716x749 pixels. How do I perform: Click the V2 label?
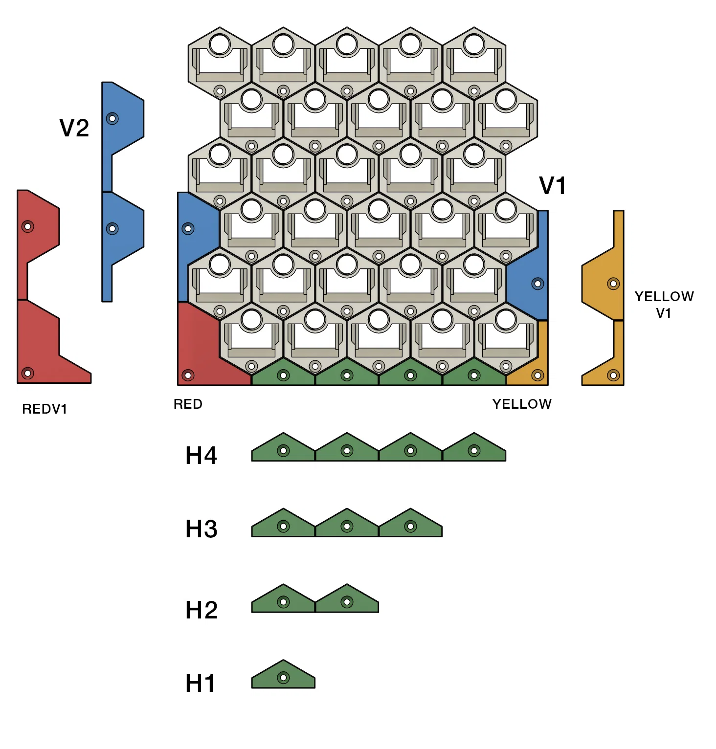point(74,128)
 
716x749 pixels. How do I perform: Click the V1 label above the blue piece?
point(553,186)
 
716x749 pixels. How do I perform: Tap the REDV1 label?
point(45,409)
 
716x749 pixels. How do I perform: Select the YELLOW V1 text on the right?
point(664,305)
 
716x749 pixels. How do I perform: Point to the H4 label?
point(201,456)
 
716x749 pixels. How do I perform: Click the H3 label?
point(201,529)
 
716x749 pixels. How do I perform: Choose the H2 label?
point(201,610)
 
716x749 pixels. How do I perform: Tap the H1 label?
point(200,683)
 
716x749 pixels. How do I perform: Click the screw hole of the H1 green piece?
point(283,678)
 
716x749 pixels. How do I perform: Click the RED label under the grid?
point(188,404)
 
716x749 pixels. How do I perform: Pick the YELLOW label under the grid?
point(522,404)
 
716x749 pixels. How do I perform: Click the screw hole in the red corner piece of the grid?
point(188,375)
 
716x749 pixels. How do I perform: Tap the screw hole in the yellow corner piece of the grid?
point(537,375)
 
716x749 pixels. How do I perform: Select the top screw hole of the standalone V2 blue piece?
point(112,118)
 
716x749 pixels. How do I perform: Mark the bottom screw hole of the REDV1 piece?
point(28,374)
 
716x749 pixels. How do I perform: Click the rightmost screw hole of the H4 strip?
point(474,451)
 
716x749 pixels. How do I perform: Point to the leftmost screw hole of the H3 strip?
point(283,527)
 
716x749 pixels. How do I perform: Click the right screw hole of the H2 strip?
point(347,602)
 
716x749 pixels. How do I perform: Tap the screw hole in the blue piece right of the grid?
point(537,284)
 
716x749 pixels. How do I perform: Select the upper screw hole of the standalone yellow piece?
point(613,284)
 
